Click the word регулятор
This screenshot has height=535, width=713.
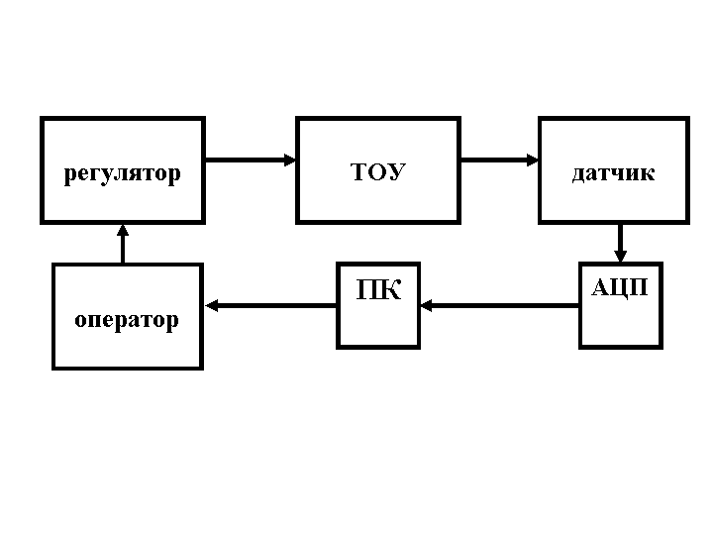(x=123, y=174)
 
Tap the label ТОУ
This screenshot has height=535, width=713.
(x=378, y=172)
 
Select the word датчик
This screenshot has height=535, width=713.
(x=613, y=173)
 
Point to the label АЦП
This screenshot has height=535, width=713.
(x=620, y=287)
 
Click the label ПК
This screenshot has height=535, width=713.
(x=378, y=291)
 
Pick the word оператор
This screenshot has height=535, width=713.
(x=127, y=320)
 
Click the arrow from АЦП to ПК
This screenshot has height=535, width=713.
(x=500, y=306)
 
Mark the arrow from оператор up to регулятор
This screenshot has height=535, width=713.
(x=123, y=244)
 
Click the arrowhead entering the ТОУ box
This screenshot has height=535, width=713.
(x=290, y=159)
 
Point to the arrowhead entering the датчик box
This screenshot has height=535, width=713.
(x=532, y=159)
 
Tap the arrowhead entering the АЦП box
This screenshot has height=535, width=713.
(x=621, y=257)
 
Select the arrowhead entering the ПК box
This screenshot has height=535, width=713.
(x=428, y=306)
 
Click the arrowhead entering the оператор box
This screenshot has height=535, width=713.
(x=211, y=306)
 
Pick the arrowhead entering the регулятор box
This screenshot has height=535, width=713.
(x=123, y=230)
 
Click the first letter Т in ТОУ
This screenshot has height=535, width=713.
(x=358, y=172)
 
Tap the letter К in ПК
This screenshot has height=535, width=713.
(x=390, y=291)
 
